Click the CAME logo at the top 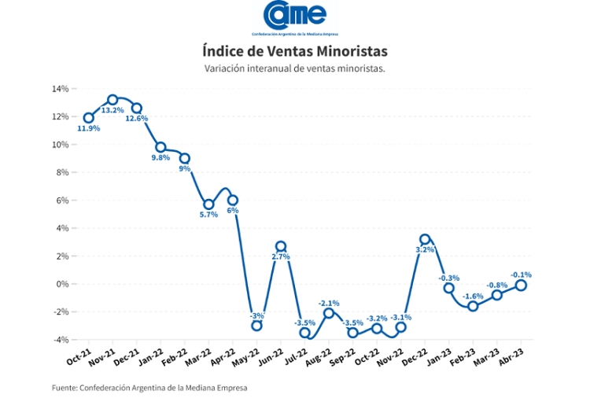tap(295, 18)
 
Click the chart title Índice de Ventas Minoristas tap(295, 51)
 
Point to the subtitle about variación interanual tap(295, 69)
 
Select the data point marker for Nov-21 tap(112, 100)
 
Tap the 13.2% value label tap(112, 110)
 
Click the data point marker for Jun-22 tap(281, 246)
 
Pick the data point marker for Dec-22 tap(425, 239)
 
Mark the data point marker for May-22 tap(256, 326)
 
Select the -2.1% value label tap(329, 303)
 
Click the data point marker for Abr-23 tap(521, 286)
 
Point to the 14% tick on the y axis tap(61, 89)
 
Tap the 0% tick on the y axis tap(63, 284)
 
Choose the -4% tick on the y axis tap(61, 340)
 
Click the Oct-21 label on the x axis tap(79, 356)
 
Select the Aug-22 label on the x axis tap(319, 357)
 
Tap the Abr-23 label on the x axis tap(511, 356)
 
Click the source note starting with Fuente tap(149, 388)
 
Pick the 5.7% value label tap(208, 215)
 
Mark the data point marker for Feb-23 tap(473, 306)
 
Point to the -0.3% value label tap(449, 278)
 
